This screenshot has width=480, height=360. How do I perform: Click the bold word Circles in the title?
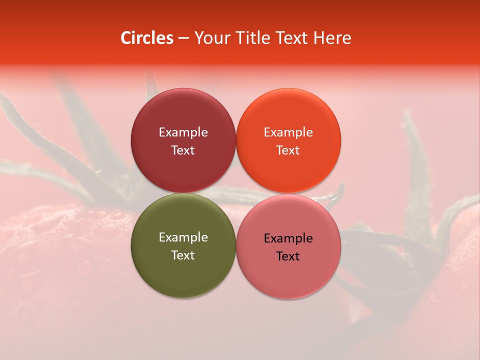coord(147,38)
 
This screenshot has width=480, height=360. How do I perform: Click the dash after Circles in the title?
coord(183,38)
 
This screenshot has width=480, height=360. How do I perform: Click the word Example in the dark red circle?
coord(183,132)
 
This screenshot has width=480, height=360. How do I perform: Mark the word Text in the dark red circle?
coord(183,150)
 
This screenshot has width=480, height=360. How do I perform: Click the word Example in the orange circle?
coord(288,132)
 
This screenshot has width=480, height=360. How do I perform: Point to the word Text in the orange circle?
coord(288,150)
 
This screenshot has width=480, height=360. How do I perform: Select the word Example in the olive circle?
coord(183,237)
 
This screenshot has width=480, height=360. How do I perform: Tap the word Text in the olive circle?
coord(183,255)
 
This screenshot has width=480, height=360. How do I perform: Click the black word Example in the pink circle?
coord(288,238)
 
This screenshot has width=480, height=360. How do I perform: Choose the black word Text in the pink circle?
coord(288,256)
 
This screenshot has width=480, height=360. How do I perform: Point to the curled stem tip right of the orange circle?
coord(341,189)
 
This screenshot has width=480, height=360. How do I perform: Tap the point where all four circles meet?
coord(235,193)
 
